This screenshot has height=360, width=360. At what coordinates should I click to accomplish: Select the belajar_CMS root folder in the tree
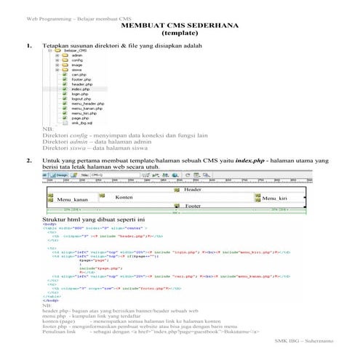point(81,50)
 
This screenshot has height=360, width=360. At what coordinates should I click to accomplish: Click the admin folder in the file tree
point(76,55)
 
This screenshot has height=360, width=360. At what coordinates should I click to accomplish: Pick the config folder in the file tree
point(77,61)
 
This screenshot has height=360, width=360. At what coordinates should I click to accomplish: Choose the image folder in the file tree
point(77,66)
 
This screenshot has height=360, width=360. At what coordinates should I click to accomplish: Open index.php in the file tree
point(80,89)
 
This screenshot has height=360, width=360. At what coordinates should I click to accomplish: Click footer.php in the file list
point(81,79)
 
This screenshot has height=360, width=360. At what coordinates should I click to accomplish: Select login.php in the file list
point(79,94)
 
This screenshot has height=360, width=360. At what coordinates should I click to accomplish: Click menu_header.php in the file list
point(87,104)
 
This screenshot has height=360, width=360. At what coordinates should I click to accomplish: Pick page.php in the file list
point(79,119)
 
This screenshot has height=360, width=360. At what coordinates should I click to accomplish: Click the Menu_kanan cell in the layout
point(72,199)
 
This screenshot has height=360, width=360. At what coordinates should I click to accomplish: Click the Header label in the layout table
point(192,189)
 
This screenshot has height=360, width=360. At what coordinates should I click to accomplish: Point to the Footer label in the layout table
point(192,207)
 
